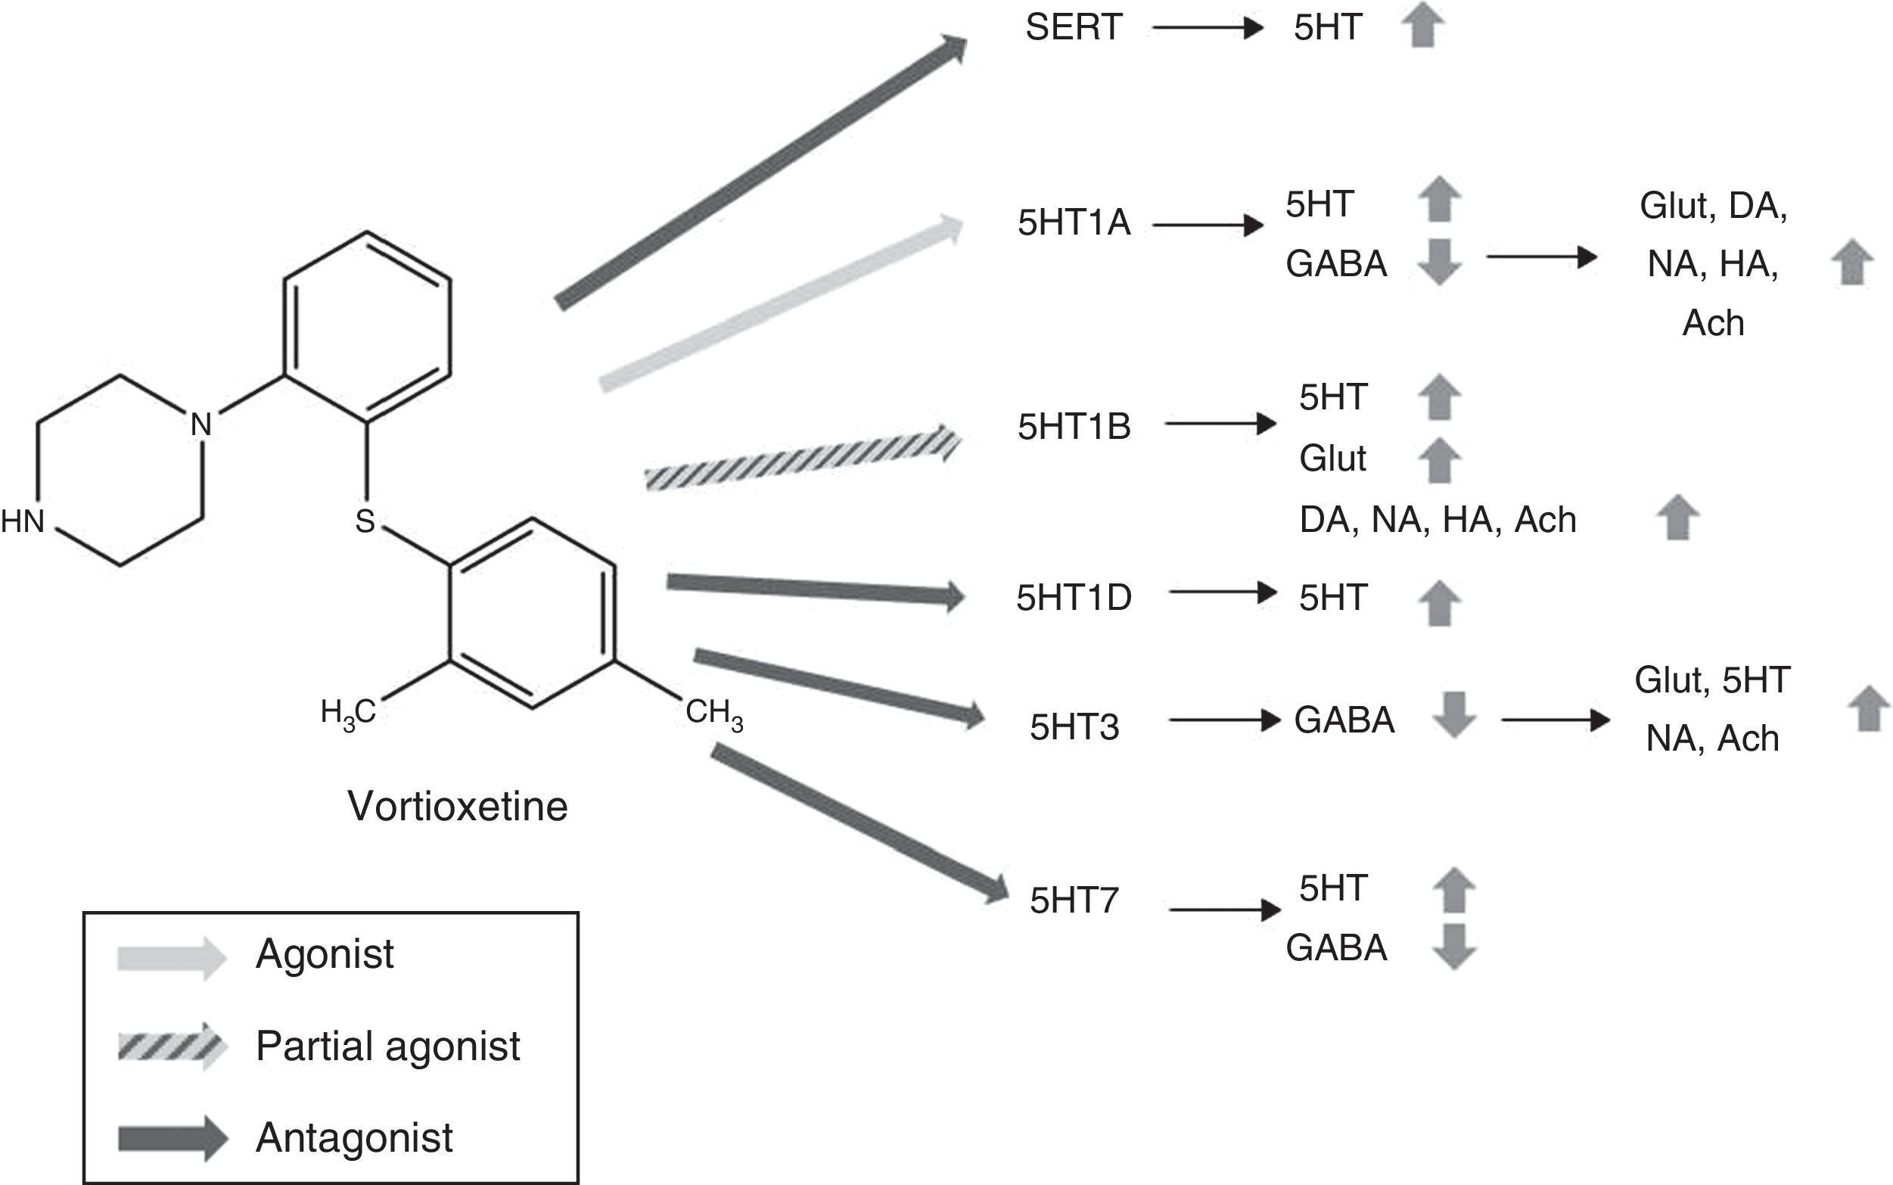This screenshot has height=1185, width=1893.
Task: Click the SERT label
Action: (1074, 28)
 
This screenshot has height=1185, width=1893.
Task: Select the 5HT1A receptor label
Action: (1074, 223)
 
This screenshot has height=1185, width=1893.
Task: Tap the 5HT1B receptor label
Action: (1074, 427)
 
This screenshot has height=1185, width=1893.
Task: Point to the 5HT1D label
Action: (1074, 598)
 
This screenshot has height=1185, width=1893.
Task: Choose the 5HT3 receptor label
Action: (1074, 727)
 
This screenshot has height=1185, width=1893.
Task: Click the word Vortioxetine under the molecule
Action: (457, 807)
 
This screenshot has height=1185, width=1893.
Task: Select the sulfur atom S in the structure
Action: (365, 521)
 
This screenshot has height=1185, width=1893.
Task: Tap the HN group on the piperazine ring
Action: (23, 521)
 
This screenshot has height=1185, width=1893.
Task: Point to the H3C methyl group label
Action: (348, 713)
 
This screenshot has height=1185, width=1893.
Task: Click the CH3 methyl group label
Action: (713, 713)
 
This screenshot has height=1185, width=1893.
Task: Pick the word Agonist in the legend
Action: (325, 953)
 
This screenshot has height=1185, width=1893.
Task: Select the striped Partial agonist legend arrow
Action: (172, 1047)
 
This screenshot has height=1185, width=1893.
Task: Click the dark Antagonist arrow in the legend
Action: (172, 1138)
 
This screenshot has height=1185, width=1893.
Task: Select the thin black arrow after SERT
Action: (1208, 29)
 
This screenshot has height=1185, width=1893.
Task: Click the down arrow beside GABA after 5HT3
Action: (1454, 714)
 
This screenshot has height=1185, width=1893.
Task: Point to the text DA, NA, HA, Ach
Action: (1437, 521)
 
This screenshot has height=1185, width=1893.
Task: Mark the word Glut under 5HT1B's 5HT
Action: (1332, 459)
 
